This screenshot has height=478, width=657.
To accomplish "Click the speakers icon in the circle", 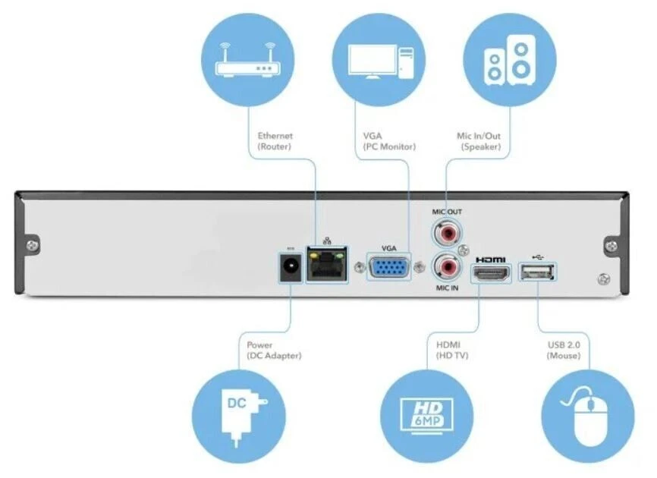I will pyautogui.click(x=509, y=61).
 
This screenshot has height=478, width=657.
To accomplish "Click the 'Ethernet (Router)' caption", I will pyautogui.click(x=275, y=140).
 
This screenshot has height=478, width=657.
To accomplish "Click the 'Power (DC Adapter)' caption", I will pyautogui.click(x=274, y=350).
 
